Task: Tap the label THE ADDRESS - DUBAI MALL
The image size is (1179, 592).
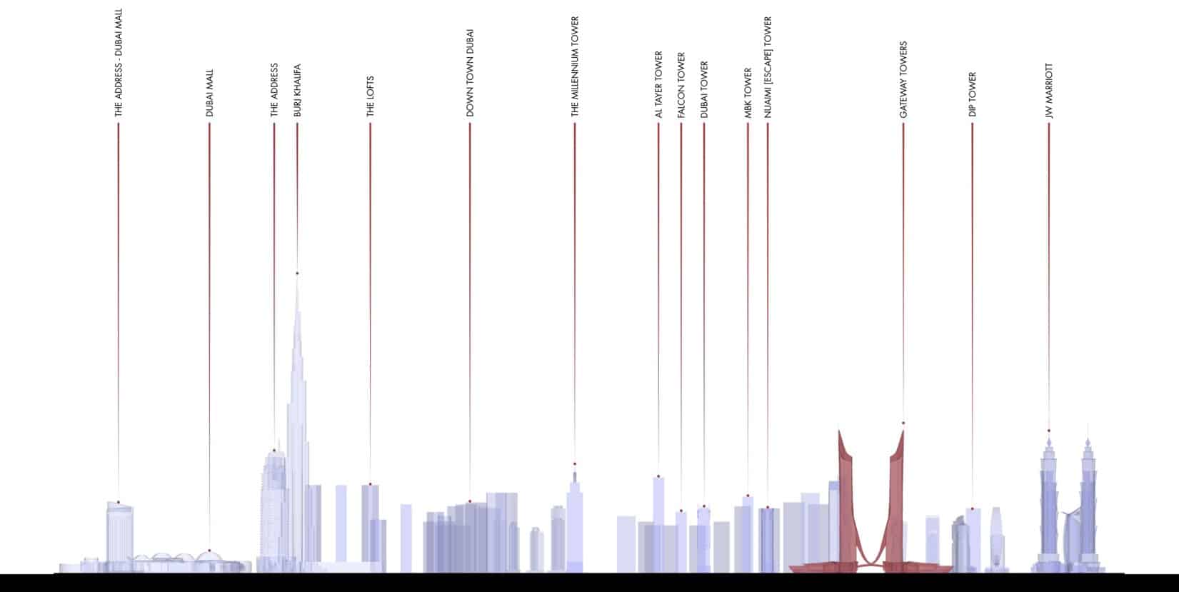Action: click(x=119, y=62)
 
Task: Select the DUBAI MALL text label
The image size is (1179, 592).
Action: click(x=209, y=93)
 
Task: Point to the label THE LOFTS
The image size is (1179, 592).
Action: click(x=370, y=96)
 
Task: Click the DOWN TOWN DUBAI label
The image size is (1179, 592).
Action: click(x=470, y=73)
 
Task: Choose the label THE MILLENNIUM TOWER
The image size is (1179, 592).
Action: click(x=575, y=66)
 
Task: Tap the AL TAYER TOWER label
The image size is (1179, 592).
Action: click(x=659, y=84)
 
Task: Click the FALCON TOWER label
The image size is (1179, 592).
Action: click(x=681, y=85)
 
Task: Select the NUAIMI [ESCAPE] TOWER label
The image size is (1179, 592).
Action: click(x=768, y=67)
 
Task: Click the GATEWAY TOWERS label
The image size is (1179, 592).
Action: click(x=903, y=79)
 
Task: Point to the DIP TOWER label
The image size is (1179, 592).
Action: click(x=973, y=95)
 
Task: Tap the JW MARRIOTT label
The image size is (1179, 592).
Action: click(x=1049, y=91)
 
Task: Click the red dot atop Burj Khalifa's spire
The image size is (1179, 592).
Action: click(x=297, y=274)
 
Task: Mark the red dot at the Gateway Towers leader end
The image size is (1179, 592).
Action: click(x=903, y=423)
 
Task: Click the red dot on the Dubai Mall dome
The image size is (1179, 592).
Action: click(x=209, y=551)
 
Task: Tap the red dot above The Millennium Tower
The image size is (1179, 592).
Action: click(x=575, y=464)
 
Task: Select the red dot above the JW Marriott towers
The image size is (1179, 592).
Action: click(x=1049, y=431)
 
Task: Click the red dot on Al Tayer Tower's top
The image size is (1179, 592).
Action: click(x=658, y=476)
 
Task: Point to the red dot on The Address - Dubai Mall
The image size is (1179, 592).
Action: click(x=119, y=503)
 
